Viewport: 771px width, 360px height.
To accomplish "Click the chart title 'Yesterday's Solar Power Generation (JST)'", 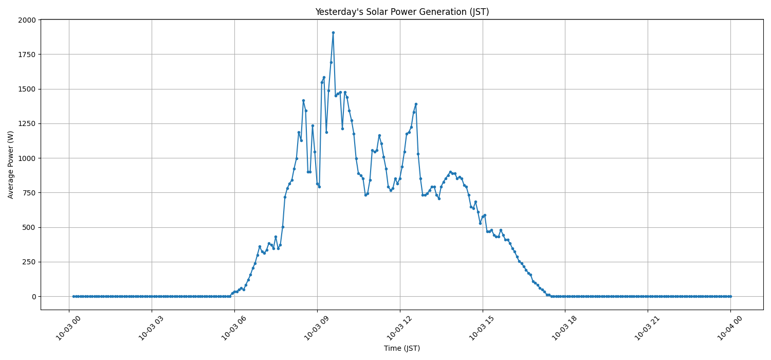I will (402, 12).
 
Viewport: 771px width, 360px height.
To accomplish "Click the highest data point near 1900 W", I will (333, 32).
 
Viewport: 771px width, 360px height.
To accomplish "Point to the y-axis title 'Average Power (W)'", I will (11, 165).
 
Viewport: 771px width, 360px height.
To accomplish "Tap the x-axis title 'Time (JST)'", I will (402, 349).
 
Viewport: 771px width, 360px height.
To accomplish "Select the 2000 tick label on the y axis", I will (27, 20).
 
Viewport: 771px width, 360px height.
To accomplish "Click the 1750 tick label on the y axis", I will (27, 55).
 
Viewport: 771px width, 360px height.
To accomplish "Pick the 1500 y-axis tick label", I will (27, 89).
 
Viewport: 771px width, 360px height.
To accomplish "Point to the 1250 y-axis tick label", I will (27, 123).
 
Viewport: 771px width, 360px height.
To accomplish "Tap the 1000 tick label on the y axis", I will (27, 158).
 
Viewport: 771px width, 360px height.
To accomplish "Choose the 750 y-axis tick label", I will (29, 193).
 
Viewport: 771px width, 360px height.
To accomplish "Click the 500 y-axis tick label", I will (29, 227).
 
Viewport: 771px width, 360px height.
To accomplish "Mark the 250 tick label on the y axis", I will (29, 262).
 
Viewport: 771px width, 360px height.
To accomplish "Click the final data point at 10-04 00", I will (730, 296).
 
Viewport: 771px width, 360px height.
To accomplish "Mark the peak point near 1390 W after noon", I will (416, 104).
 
